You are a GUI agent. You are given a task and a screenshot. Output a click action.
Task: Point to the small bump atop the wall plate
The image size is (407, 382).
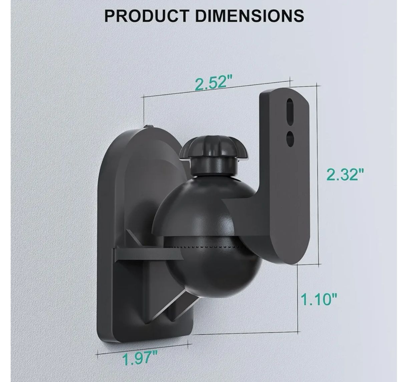pyautogui.click(x=148, y=126)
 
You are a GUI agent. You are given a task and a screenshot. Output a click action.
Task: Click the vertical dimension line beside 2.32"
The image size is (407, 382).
pyautogui.click(x=317, y=173)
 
